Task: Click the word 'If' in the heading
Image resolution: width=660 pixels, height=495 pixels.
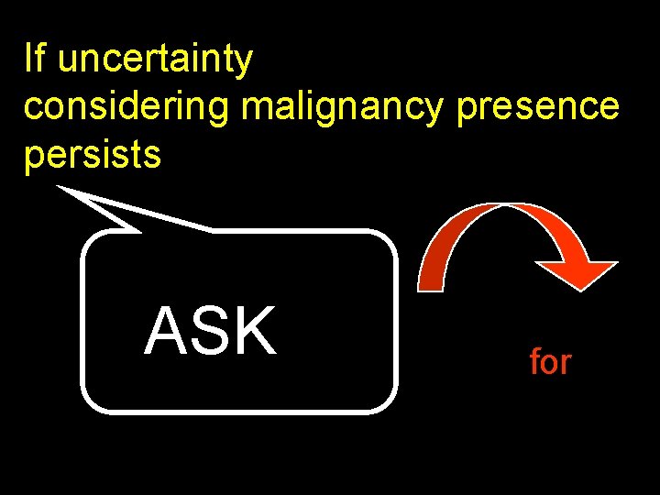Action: (x=34, y=59)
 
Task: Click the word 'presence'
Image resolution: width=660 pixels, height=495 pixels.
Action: (x=537, y=106)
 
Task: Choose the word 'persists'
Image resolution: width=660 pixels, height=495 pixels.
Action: (x=93, y=156)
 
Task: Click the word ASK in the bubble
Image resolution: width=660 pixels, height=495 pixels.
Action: (x=210, y=331)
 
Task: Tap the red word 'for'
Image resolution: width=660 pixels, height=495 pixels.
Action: (x=550, y=362)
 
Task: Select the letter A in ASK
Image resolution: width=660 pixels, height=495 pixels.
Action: (x=164, y=331)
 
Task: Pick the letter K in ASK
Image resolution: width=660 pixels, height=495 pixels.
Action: (x=256, y=331)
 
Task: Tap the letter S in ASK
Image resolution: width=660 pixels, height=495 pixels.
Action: (x=210, y=331)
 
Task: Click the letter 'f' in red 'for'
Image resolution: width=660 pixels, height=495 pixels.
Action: (x=534, y=362)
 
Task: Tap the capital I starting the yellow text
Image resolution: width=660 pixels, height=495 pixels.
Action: (x=28, y=59)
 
